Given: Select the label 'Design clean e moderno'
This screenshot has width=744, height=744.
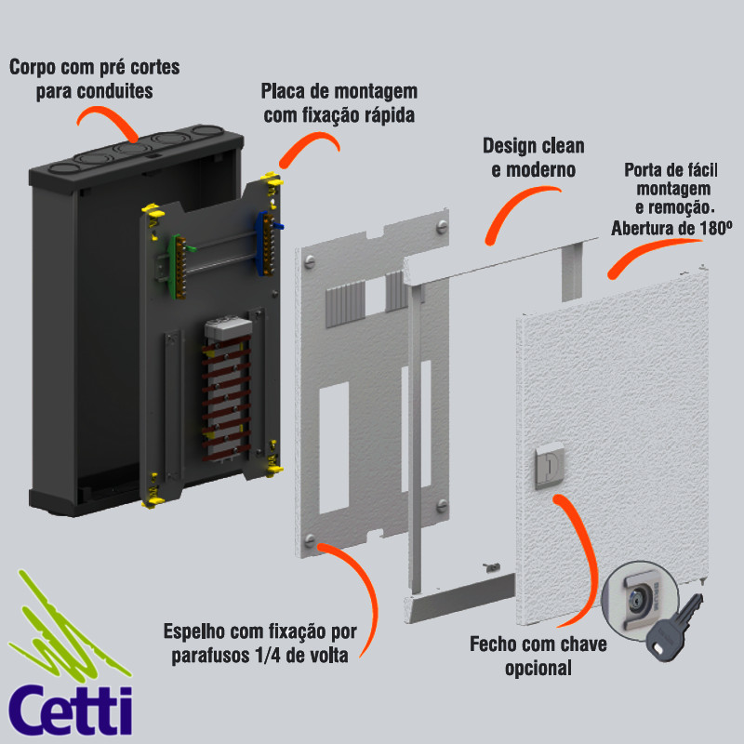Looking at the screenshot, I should [533, 157].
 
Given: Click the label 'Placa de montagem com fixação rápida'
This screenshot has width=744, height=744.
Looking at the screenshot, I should [339, 102].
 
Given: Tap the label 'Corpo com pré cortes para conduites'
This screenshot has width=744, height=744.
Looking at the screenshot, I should [94, 79].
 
